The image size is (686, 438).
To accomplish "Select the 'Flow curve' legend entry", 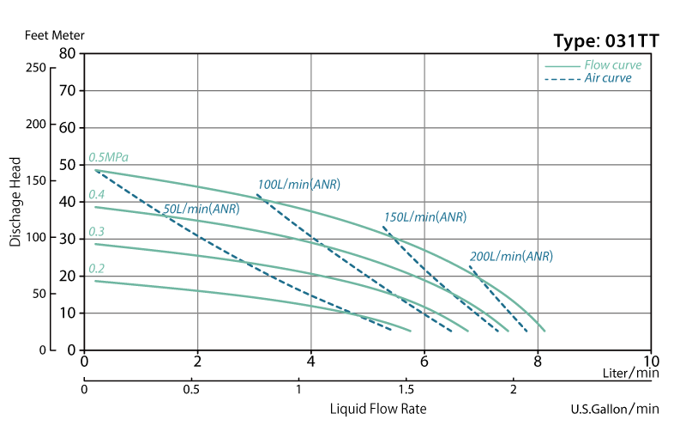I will tap(612, 65).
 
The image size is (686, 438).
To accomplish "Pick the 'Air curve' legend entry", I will tap(608, 78).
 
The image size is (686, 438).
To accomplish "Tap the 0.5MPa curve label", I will tap(108, 158).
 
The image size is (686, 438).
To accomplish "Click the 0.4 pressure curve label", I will tap(96, 195).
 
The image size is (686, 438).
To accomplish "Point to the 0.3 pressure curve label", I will tap(96, 232).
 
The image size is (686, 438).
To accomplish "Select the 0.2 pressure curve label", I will tap(96, 269).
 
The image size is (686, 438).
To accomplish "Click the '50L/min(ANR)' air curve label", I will tap(201, 209).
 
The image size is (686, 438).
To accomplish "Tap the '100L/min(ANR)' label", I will tap(298, 185).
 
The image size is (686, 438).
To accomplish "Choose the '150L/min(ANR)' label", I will tap(425, 217).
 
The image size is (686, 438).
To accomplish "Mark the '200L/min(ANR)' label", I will tap(511, 256).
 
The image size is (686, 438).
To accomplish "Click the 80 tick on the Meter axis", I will tap(68, 53).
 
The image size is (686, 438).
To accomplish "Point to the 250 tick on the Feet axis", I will tap(36, 68).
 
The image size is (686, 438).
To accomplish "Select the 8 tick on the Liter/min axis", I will tap(538, 361).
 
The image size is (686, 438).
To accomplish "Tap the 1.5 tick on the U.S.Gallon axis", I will tap(406, 390).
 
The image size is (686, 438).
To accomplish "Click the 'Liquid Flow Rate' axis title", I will tap(378, 409).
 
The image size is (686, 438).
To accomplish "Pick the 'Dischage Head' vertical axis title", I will tap(15, 202).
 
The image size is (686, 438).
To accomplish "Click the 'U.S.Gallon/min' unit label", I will tap(615, 410).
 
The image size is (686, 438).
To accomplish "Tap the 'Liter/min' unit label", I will tap(630, 374).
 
